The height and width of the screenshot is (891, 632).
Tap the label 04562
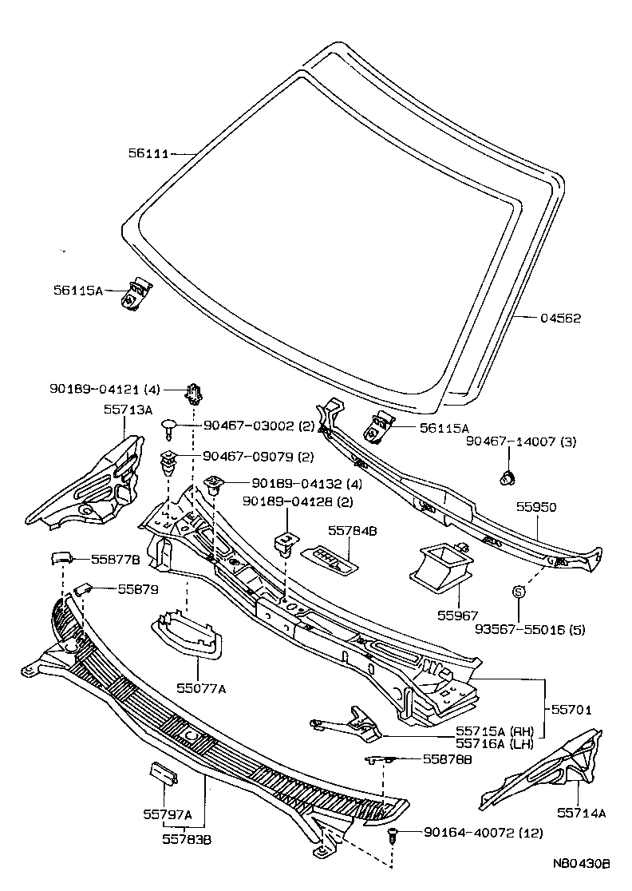point(560,319)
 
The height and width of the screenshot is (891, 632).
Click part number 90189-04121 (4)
point(104,390)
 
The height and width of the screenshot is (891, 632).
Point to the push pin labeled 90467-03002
point(168,428)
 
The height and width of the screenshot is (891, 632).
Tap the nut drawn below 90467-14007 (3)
point(504,478)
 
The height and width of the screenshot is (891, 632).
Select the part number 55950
point(535,507)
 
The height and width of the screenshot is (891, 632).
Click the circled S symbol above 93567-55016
point(518,592)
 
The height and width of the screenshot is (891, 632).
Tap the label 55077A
point(201,687)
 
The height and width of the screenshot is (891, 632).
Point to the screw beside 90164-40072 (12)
point(392,835)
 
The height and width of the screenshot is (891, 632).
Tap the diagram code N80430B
point(582,865)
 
